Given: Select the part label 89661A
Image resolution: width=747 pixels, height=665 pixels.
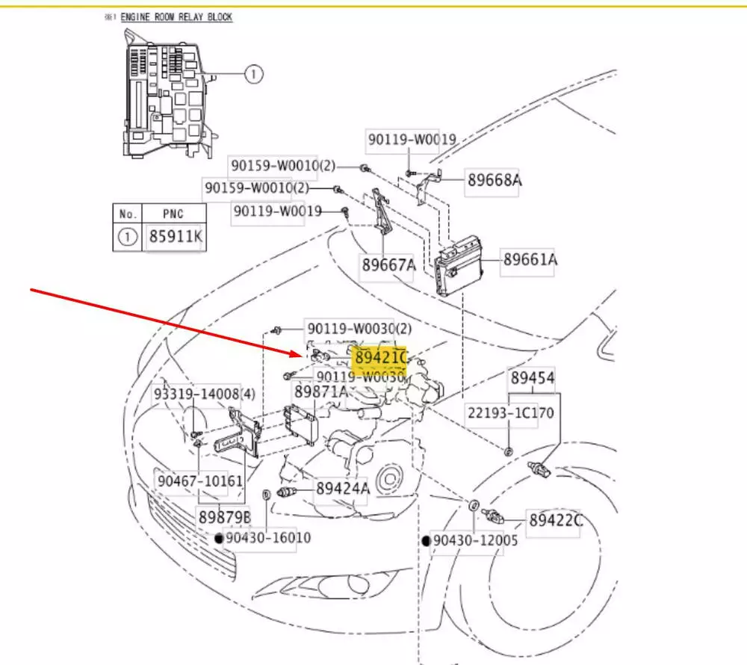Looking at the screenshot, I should tap(530, 260).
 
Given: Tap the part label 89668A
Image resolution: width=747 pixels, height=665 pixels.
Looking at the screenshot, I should tap(494, 180).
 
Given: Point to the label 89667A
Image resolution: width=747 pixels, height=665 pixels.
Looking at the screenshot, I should tap(388, 265).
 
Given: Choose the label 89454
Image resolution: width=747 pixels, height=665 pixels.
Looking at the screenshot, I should tap(532, 378).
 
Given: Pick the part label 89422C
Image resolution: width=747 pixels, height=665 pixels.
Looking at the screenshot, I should tap(555, 519).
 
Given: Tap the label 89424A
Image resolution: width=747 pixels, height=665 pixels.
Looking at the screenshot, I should tap(342, 489).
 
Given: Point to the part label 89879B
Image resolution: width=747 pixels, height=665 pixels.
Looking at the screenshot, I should tap(224, 516).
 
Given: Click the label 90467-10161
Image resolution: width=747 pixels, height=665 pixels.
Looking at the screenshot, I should tap(199, 480).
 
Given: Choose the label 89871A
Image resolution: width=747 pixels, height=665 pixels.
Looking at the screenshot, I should tap(320, 392).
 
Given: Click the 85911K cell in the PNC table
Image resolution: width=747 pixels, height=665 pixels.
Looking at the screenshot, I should tap(175, 238).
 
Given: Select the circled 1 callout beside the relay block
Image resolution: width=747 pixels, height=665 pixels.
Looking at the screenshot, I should tap(254, 73).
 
